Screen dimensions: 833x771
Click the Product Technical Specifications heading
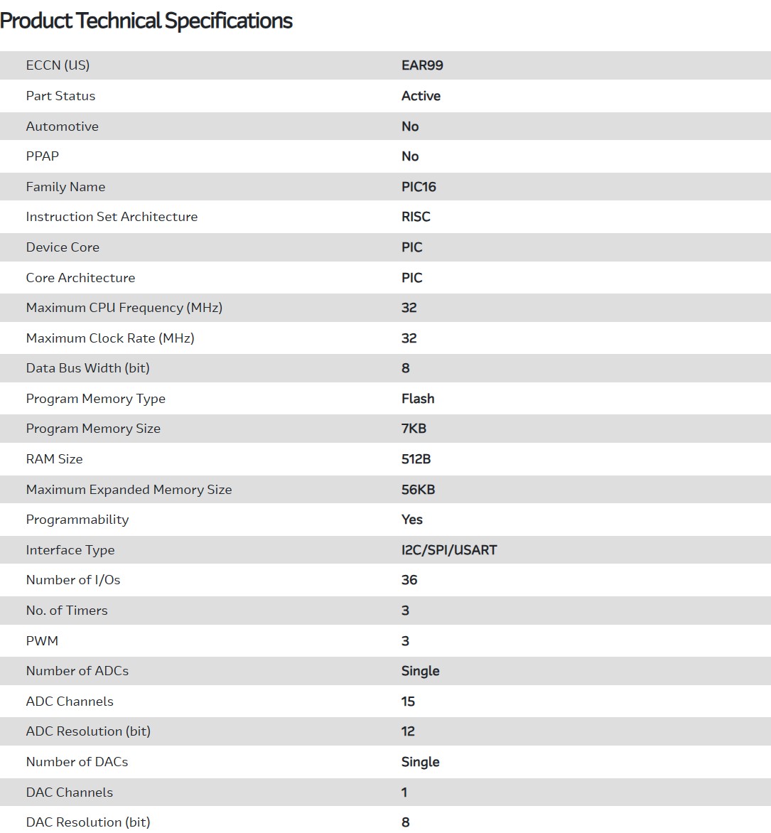146,21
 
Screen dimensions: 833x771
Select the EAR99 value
422,65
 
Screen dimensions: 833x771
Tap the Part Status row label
60,96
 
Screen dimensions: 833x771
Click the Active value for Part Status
421,96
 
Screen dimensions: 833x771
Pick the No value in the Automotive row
410,127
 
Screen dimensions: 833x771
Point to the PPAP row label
43,156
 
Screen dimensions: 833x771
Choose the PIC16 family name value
419,187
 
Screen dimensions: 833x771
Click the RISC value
416,217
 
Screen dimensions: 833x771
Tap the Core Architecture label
80,278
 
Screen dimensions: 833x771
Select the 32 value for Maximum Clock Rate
409,338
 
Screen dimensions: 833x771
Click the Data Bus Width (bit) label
87,368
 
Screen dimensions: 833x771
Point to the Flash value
418,399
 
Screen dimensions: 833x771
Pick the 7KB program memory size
414,429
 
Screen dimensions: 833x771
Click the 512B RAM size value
416,459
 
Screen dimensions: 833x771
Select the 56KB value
418,490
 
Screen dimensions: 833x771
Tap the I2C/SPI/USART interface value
449,550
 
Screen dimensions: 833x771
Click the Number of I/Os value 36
409,580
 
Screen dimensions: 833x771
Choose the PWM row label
42,641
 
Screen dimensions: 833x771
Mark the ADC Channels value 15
408,702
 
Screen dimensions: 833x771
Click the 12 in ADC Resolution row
408,731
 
